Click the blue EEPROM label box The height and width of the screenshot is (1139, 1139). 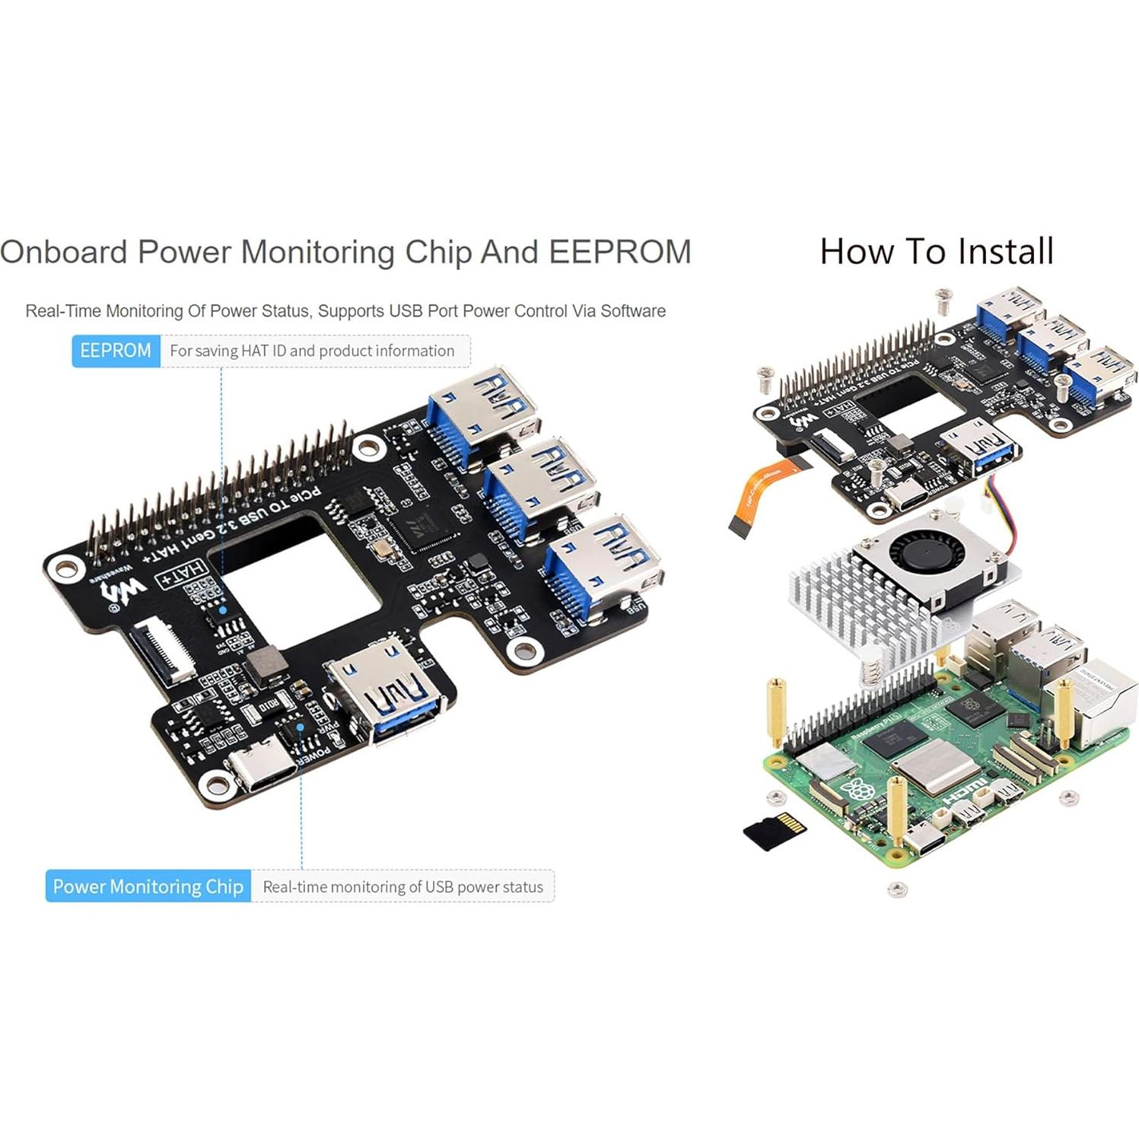click(116, 351)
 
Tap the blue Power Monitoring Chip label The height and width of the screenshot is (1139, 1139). click(148, 886)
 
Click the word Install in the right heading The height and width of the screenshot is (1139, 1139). click(1006, 251)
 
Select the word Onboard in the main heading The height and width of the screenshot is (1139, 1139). click(63, 252)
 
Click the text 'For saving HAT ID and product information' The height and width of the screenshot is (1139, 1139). click(312, 351)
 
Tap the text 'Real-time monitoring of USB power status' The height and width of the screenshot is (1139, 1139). click(402, 886)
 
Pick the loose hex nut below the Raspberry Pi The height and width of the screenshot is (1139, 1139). click(897, 888)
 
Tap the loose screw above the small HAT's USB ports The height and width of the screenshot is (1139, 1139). click(943, 301)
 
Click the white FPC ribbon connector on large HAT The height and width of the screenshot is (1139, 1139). click(161, 651)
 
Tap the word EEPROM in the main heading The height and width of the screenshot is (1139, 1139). click(620, 252)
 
